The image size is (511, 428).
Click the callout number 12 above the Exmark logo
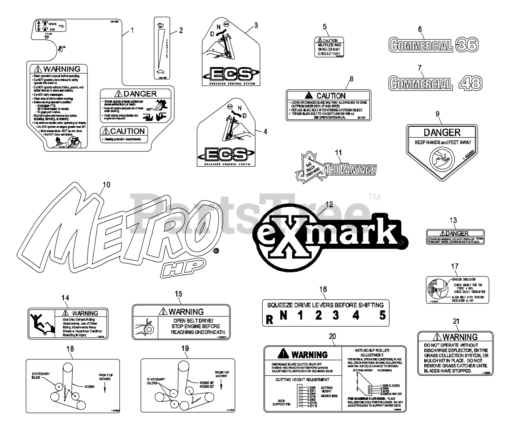coord(329,204)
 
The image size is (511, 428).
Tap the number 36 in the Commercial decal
coord(466,45)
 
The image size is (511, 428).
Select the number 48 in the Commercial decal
coord(469,83)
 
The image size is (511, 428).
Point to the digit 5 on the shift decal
coord(382,315)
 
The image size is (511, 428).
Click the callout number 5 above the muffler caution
coord(325,27)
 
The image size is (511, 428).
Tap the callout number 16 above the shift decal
coord(323,289)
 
